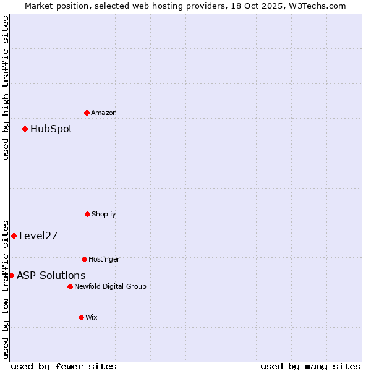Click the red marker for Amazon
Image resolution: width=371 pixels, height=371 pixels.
click(x=87, y=113)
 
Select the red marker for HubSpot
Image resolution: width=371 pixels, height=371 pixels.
click(x=25, y=129)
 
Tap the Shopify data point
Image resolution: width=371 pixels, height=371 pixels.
click(x=87, y=214)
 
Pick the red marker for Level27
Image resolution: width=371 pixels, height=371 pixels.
click(x=14, y=236)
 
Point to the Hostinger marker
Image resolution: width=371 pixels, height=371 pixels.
click(x=84, y=259)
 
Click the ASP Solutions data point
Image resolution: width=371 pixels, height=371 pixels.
click(x=11, y=275)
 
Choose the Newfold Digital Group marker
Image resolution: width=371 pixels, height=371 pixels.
click(x=70, y=286)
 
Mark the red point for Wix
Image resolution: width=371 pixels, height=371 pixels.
click(x=81, y=317)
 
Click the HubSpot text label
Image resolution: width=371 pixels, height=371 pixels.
click(x=51, y=129)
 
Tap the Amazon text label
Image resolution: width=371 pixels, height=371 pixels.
click(x=104, y=113)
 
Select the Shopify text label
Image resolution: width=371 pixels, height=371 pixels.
click(x=104, y=214)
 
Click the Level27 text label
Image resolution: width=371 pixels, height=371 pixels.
click(x=38, y=236)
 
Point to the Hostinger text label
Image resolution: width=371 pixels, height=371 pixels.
click(x=104, y=259)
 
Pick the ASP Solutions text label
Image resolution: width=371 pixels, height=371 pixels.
click(x=51, y=276)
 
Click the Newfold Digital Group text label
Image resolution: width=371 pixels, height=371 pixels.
click(x=110, y=286)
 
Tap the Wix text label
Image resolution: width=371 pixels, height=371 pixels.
click(x=92, y=317)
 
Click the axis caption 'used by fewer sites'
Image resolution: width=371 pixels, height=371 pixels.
click(x=64, y=366)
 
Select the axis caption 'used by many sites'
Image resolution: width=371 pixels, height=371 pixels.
click(x=310, y=366)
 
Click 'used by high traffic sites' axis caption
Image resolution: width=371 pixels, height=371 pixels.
click(x=6, y=88)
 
